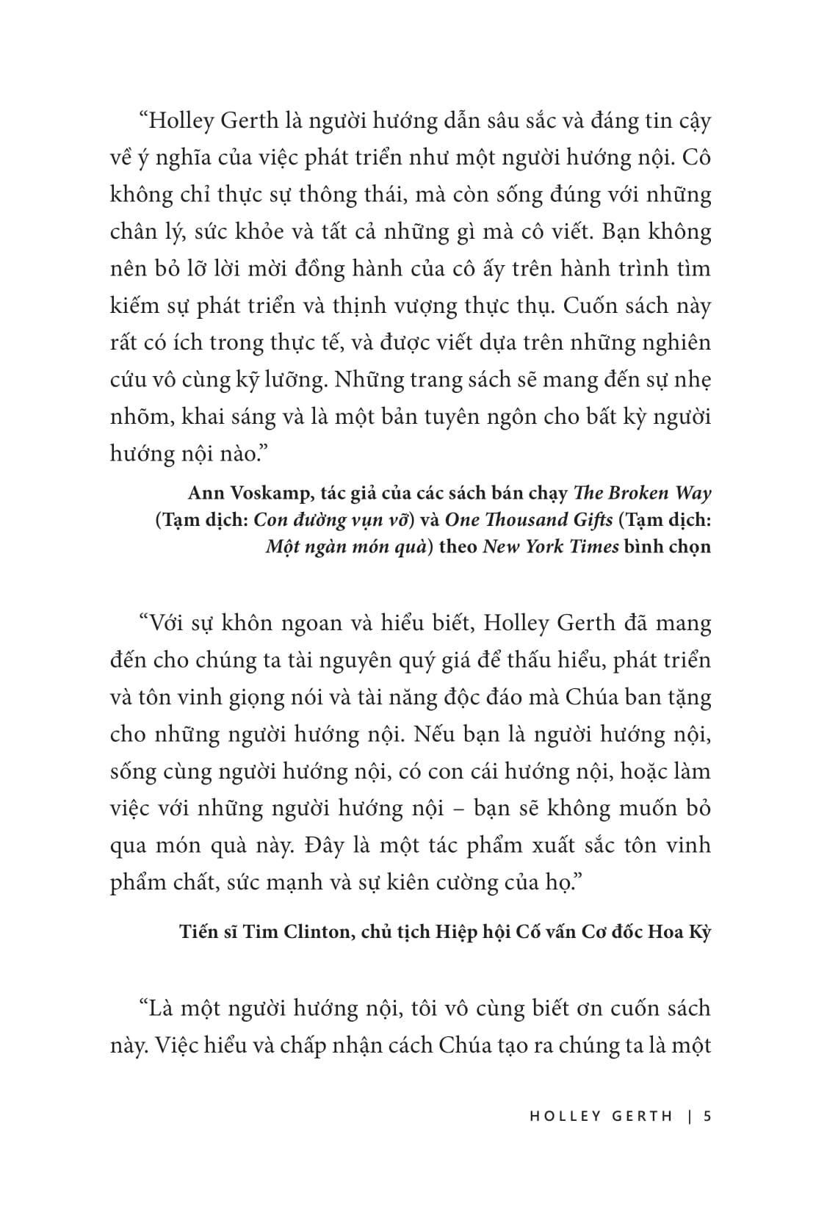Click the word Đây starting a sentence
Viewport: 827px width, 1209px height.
point(337,845)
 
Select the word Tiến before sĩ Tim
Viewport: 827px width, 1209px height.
point(198,932)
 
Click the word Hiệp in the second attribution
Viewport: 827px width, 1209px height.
point(462,932)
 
